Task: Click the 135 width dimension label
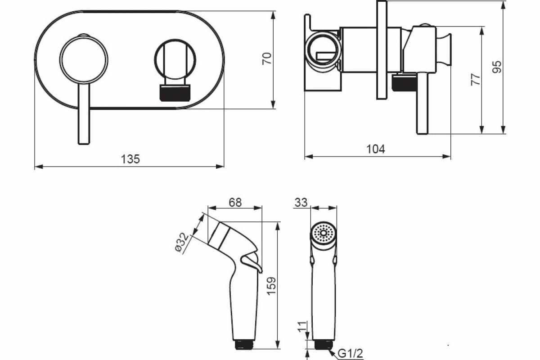coord(130,159)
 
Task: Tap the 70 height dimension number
coord(266,58)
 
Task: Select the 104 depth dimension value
coord(376,149)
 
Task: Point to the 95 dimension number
coord(497,67)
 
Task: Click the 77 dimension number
coord(476,80)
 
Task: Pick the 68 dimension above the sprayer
coord(235,202)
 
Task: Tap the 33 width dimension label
coord(301,202)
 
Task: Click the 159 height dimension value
coord(271,286)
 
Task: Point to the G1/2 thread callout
coord(350,354)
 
